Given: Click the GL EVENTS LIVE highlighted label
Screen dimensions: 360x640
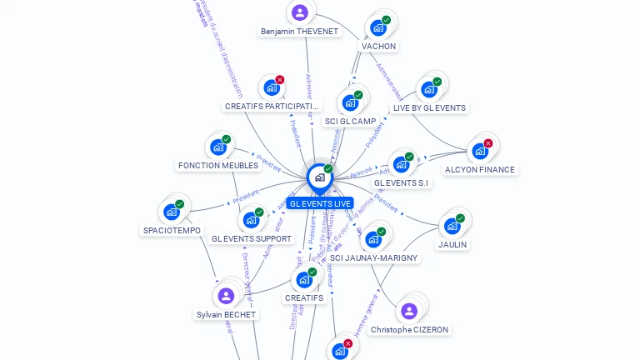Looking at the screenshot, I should click(x=321, y=203).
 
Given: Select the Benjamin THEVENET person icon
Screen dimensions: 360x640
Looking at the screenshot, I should click(x=299, y=12).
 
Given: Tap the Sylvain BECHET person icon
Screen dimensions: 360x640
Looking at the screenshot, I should click(x=226, y=296).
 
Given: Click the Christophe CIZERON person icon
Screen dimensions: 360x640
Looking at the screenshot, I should click(x=408, y=311).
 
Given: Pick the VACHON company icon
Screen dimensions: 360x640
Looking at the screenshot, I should click(x=378, y=27).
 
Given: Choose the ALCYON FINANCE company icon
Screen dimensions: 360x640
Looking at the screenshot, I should click(x=479, y=151).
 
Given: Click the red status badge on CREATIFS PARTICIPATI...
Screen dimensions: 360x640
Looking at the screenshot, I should click(x=279, y=80).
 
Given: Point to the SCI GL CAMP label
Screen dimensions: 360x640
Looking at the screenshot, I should click(x=350, y=121).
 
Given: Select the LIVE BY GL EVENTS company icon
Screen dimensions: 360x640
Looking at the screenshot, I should click(x=428, y=89).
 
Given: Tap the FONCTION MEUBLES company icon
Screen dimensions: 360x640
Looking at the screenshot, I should click(x=218, y=147).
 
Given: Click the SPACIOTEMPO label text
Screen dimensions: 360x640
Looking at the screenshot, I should click(x=172, y=230).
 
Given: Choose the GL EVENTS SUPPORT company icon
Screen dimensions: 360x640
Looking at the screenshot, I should click(x=251, y=220).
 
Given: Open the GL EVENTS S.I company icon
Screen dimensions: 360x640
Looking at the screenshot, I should click(x=401, y=164).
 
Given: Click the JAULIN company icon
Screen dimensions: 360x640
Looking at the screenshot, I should click(x=452, y=226).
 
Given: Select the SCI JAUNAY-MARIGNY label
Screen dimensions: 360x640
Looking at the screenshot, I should click(x=373, y=257).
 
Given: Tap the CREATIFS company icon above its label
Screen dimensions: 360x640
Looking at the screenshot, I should click(x=303, y=279).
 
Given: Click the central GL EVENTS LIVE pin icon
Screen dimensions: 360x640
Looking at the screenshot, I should click(x=319, y=177).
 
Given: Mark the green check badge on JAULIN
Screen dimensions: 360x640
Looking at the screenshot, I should click(x=460, y=218).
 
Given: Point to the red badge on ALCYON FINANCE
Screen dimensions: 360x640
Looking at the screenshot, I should click(x=487, y=143).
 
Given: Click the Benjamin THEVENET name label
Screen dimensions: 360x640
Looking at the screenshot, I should click(x=299, y=32).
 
